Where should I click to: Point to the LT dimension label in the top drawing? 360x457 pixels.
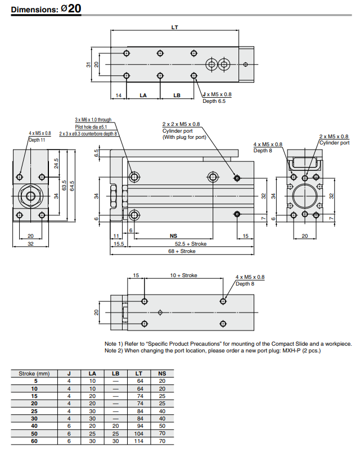click(175, 27)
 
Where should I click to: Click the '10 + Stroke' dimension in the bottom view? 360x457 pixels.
click(184, 275)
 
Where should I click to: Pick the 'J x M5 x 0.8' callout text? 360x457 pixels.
click(217, 94)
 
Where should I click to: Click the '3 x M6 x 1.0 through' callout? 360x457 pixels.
click(93, 120)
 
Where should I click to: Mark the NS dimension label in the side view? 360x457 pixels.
click(173, 236)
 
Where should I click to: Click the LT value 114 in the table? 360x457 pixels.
click(139, 441)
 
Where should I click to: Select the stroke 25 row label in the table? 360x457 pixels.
click(34, 411)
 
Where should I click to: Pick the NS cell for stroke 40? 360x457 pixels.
click(162, 426)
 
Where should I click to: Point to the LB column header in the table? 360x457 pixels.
click(115, 373)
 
